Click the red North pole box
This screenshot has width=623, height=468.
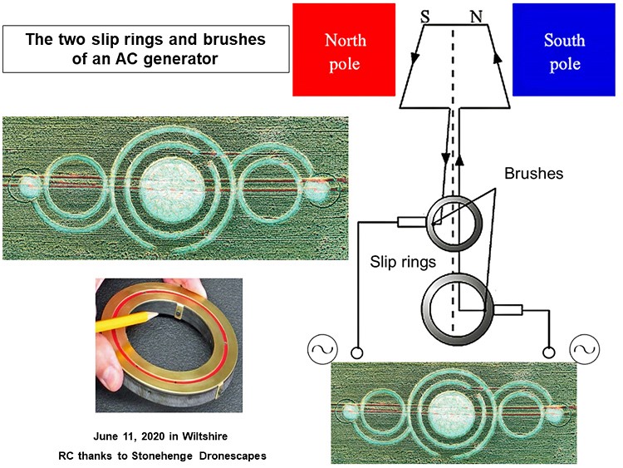click(344, 50)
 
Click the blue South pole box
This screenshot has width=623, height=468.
click(564, 50)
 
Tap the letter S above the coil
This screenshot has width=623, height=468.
click(425, 17)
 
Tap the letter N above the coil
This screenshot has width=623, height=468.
click(476, 17)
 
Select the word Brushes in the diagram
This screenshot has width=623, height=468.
click(533, 174)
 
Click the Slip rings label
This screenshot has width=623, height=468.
click(403, 262)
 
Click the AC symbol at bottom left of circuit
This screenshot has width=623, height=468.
click(322, 349)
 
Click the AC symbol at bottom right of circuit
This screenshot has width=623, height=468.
click(585, 349)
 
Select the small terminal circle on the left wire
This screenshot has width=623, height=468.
click(356, 352)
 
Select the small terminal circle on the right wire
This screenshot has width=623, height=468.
click(549, 352)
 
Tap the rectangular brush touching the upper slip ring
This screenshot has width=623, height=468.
click(412, 222)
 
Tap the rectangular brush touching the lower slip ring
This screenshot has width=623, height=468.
click(508, 309)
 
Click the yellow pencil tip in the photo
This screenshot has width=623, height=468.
click(155, 314)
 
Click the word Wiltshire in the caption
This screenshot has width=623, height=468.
click(204, 436)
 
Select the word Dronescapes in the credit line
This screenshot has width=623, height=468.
click(233, 456)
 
